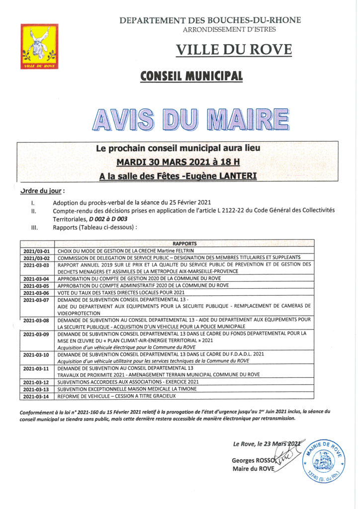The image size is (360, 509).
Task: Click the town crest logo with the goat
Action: coord(39,46)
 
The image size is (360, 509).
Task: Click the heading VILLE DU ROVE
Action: coord(234,50)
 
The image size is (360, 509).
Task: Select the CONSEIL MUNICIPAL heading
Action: coord(191,76)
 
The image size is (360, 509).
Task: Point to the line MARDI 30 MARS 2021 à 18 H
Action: coord(178,162)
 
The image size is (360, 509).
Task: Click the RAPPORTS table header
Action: coord(184,243)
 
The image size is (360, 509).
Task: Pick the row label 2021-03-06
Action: coord(37,293)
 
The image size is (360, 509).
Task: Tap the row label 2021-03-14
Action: coord(37,396)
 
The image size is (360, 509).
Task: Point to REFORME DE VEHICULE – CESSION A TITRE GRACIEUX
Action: coord(117,396)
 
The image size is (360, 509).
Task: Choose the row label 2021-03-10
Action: coord(37,354)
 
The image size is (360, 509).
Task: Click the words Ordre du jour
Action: coord(42,191)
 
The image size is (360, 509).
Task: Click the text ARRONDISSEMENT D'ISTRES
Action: coord(229,29)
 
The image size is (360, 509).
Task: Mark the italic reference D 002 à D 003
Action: coord(108,218)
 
